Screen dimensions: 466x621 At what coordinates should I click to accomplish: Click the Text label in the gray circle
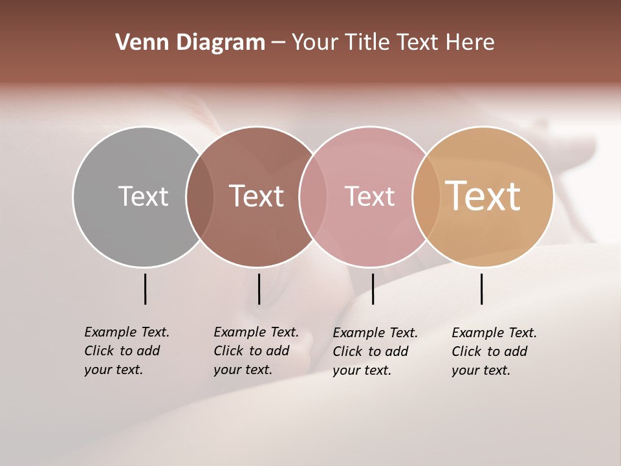pos(143,196)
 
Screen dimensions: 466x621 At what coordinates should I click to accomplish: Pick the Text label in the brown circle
pos(257,196)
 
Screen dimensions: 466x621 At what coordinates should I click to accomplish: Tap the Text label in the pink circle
pos(369,196)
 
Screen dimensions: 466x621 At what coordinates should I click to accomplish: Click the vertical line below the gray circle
pos(146,289)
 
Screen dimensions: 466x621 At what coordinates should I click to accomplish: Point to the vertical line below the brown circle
pos(259,289)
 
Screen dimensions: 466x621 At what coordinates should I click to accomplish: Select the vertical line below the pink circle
pos(373,289)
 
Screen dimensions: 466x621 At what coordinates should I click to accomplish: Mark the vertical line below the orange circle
pos(482,289)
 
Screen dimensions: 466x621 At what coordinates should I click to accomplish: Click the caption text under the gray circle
pos(126,351)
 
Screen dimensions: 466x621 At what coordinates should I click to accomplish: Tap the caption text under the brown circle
pos(256,351)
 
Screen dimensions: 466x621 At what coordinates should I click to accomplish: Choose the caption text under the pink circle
pos(375,351)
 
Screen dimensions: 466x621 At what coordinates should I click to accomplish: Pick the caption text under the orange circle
pos(494,351)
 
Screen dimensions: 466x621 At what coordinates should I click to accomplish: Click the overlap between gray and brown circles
pos(200,196)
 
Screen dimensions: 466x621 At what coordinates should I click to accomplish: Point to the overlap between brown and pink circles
pos(312,196)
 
